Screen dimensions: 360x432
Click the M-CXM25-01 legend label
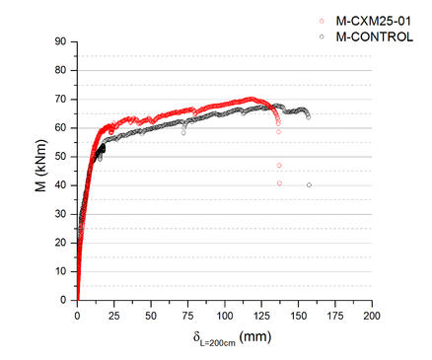(372, 21)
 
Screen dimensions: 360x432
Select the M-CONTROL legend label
(371, 36)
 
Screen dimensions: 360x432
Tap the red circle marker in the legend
(323, 21)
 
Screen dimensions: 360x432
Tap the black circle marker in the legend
(323, 36)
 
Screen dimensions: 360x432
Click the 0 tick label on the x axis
(77, 315)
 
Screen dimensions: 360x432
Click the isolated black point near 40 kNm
(309, 184)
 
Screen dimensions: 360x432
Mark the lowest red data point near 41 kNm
(279, 183)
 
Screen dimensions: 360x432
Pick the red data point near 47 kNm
(279, 165)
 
